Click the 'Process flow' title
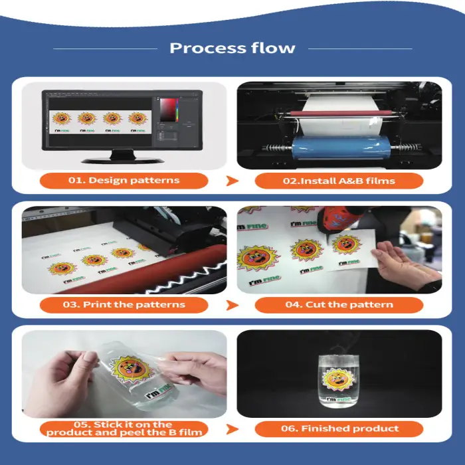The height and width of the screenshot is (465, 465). (x=232, y=48)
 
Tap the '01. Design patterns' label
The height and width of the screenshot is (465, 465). (x=124, y=180)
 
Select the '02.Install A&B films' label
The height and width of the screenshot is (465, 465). (x=339, y=181)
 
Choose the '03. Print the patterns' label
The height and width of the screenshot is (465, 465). (x=124, y=304)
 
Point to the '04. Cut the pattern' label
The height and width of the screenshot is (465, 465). (x=339, y=304)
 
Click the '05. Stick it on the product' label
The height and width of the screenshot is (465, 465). (x=124, y=428)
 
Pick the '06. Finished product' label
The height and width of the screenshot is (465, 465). (x=339, y=428)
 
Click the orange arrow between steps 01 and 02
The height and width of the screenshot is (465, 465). (x=232, y=181)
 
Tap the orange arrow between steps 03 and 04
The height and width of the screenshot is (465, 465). (x=232, y=305)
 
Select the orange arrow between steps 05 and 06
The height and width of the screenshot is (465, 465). (x=232, y=429)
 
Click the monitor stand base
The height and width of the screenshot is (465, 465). (x=122, y=161)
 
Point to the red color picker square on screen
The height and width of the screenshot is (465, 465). (x=168, y=110)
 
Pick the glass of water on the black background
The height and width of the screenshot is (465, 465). (x=339, y=381)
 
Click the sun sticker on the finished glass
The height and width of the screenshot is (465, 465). (x=338, y=379)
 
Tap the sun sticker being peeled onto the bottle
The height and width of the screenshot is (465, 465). (x=132, y=369)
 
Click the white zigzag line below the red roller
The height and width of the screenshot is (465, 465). (x=190, y=277)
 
